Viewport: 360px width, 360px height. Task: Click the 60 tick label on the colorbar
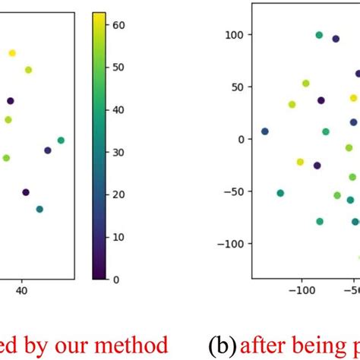coord(120,25)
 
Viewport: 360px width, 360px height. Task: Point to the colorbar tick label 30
coord(120,153)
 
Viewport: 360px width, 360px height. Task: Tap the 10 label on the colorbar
coord(120,237)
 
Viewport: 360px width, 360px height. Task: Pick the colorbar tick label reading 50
coord(120,68)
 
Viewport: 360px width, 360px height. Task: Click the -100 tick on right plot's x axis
coord(302,290)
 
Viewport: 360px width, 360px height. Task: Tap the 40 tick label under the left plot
coord(22,290)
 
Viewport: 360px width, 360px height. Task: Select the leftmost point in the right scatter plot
coord(264,131)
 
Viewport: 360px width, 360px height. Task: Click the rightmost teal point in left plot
coord(61,140)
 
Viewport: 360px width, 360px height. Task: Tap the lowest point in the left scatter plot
coord(39,209)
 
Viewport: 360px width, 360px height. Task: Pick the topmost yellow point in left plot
coord(12,52)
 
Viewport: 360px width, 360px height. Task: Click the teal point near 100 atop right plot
coord(319,35)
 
